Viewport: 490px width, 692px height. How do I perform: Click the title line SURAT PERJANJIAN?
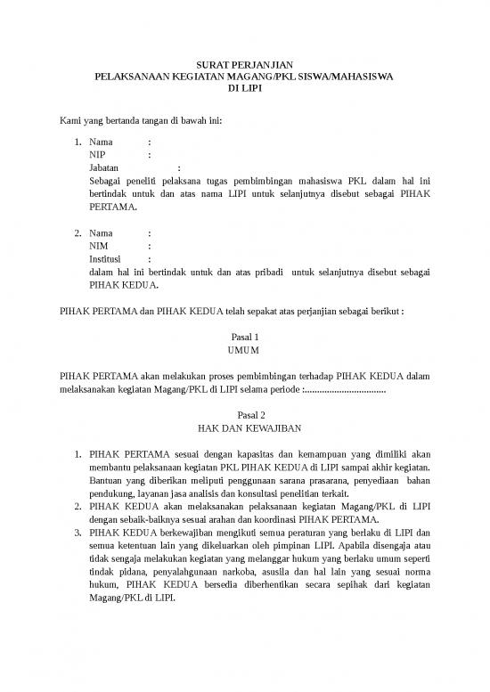pyautogui.click(x=244, y=66)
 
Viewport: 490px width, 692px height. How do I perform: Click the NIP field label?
pyautogui.click(x=98, y=154)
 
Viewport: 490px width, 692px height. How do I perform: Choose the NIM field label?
pyautogui.click(x=100, y=247)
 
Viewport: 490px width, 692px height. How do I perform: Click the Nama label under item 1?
pyautogui.click(x=102, y=142)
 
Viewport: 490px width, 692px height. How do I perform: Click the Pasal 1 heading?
pyautogui.click(x=244, y=338)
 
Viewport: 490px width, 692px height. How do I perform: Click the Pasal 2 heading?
pyautogui.click(x=244, y=415)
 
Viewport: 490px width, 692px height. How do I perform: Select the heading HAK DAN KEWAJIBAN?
pyautogui.click(x=244, y=428)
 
